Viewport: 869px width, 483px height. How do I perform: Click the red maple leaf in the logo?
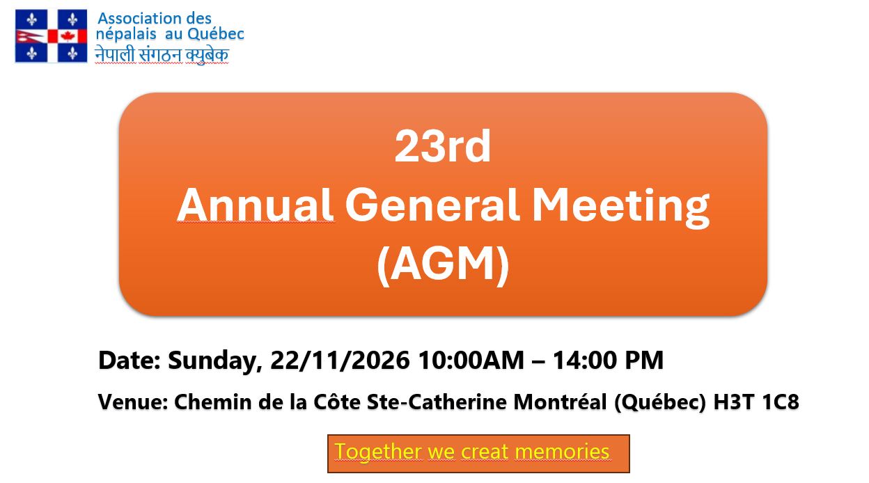click(x=68, y=36)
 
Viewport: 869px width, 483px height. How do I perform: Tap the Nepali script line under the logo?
click(x=162, y=55)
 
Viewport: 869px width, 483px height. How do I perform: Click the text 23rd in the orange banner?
click(x=443, y=148)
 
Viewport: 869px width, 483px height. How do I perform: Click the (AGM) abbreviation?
click(x=443, y=264)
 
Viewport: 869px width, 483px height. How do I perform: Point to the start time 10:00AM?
click(x=471, y=361)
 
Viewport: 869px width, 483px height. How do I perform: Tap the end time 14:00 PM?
click(x=608, y=361)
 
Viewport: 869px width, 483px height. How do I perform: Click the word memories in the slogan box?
click(x=562, y=452)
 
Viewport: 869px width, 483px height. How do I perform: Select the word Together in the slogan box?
click(x=377, y=452)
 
